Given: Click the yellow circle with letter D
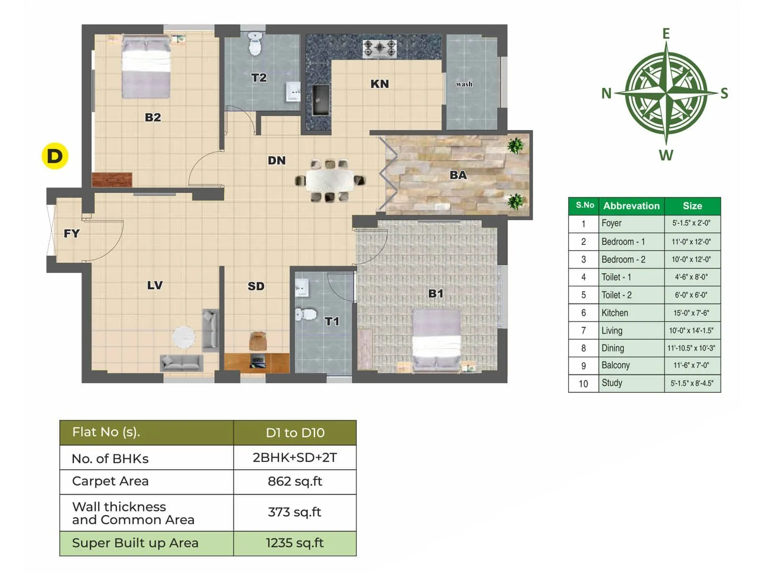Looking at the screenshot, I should point(55,156).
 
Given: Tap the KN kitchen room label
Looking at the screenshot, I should point(380,84).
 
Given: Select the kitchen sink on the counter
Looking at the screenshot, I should point(321,100).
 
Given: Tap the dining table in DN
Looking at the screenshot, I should point(329,180).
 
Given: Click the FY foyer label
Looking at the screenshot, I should point(72,233).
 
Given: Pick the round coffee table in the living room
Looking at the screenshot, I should point(184,337).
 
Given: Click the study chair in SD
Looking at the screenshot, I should point(258,341).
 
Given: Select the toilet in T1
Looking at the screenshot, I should point(306,314).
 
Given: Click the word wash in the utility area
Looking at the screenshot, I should point(464,84).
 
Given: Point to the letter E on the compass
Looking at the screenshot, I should point(666,33).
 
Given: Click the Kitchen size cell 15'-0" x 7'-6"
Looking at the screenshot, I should point(692,313).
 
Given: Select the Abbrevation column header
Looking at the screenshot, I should point(631,206).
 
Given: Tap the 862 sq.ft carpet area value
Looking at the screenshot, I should point(295,481).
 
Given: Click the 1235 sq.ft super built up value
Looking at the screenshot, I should point(295,543).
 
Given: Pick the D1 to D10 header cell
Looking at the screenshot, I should point(295,433).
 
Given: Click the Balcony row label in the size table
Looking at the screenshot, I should point(615,365).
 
